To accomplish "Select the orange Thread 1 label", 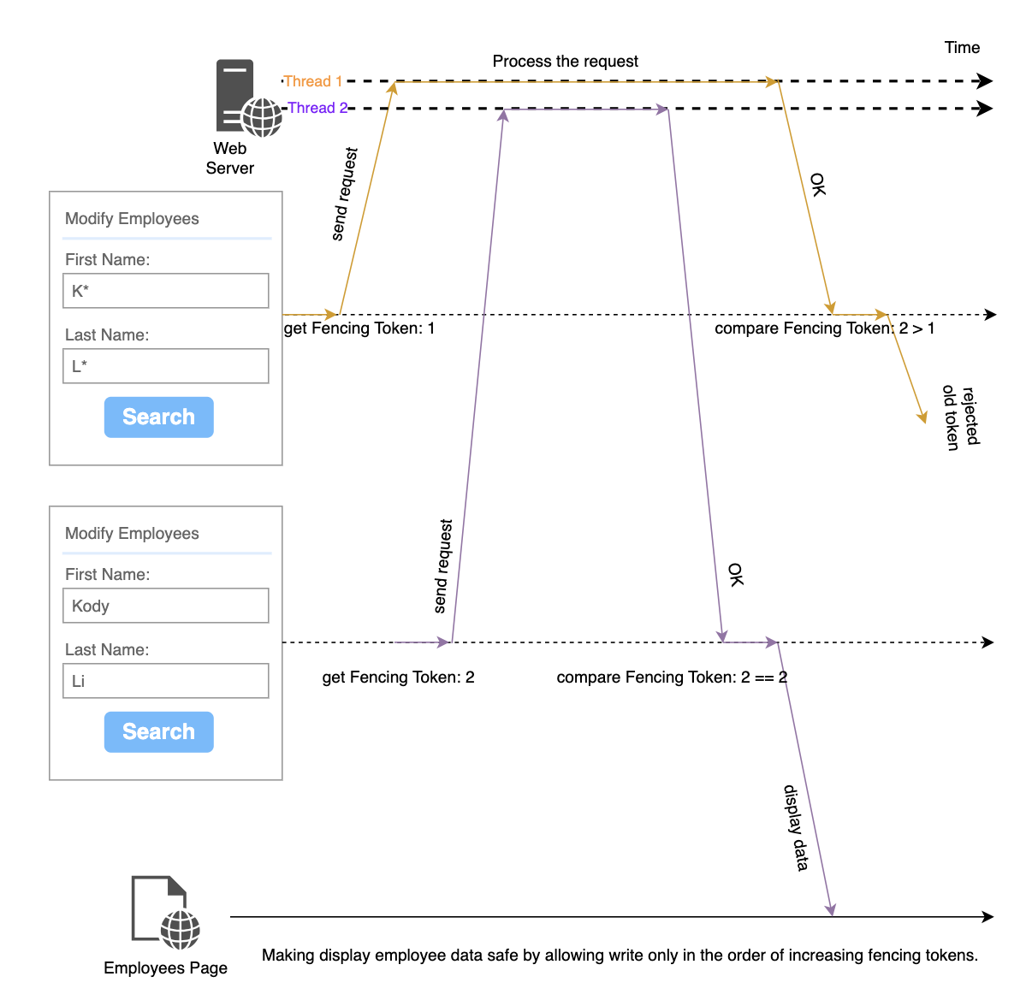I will point(312,81).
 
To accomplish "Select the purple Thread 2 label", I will point(317,108).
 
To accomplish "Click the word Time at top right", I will point(962,48).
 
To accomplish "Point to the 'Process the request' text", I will point(565,62).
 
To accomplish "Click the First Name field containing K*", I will point(166,291).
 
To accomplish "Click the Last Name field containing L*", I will point(166,366).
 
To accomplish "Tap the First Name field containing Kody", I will point(166,606).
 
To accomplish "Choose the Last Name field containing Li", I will point(166,681).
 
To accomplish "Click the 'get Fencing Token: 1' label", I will point(359,328).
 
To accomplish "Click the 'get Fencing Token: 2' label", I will point(398,678).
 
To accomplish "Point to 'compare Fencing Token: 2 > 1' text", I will point(824,328).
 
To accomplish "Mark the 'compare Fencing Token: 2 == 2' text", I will point(672,678).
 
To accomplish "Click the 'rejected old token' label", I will point(960,417).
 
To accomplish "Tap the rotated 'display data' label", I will point(796,827).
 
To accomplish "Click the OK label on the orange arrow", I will point(818,185).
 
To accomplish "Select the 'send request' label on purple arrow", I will point(442,566).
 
